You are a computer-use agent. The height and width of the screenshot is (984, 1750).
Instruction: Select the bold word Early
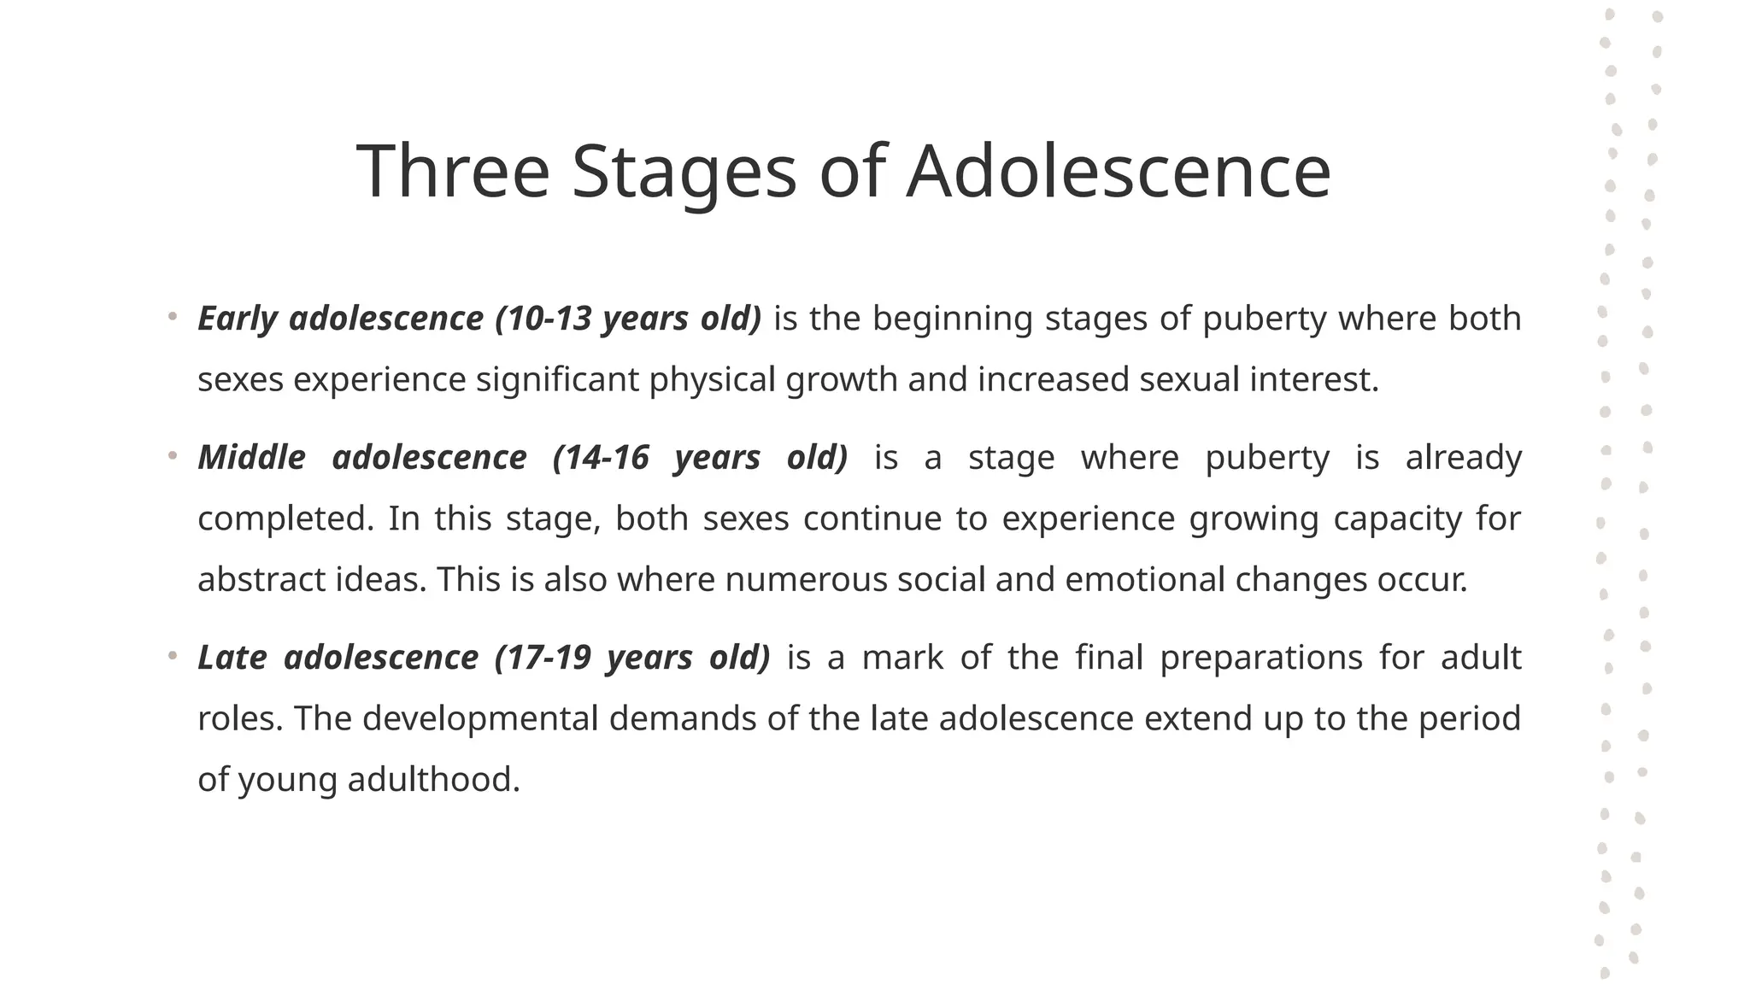point(238,319)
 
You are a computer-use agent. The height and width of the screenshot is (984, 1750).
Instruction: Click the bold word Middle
point(251,458)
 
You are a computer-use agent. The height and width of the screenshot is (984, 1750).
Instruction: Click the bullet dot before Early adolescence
point(173,318)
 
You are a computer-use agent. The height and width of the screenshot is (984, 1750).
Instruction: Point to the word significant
point(557,379)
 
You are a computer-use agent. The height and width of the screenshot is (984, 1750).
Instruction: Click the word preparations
point(1260,658)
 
